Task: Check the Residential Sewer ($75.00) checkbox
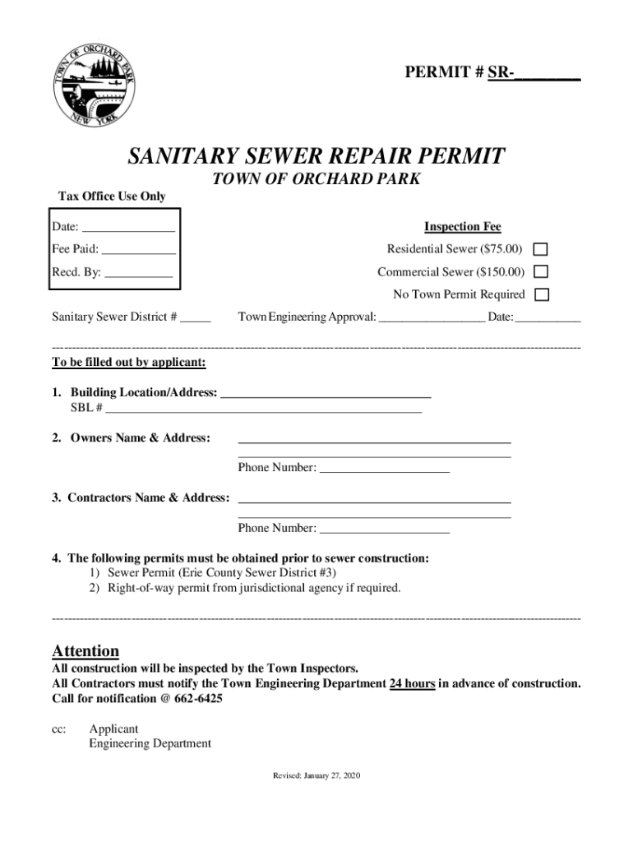[541, 249]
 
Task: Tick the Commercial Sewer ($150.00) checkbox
[541, 272]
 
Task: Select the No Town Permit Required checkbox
[541, 294]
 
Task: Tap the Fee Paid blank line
[138, 249]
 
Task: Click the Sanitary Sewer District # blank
[196, 317]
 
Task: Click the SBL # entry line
[263, 408]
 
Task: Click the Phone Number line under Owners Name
[384, 468]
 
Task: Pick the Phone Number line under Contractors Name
[384, 528]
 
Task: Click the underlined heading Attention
[85, 651]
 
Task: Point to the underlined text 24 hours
[412, 683]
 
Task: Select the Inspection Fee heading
[462, 227]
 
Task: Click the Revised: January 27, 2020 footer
[316, 775]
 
